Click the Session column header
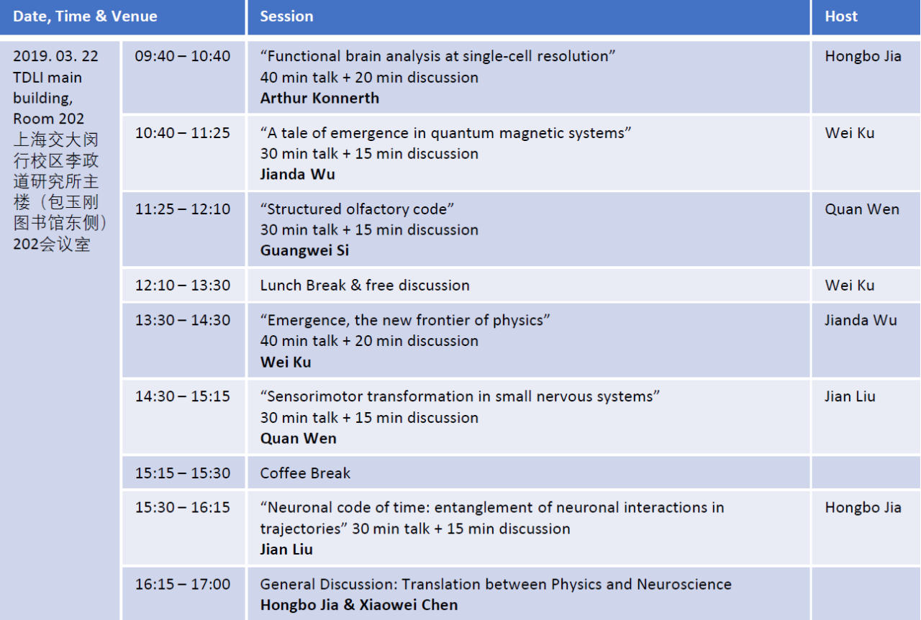286,17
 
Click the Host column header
841,17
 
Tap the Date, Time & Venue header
85,17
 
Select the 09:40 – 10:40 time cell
183,56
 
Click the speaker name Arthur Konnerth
319,99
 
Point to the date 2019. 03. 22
55,56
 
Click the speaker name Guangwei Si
304,250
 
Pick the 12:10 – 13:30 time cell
183,286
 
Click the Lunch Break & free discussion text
365,286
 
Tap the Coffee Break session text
305,473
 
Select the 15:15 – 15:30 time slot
183,473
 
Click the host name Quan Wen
862,209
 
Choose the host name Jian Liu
850,396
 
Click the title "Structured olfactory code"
357,209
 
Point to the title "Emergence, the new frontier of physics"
405,320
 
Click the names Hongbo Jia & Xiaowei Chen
359,605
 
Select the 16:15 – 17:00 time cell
183,584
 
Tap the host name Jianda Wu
861,320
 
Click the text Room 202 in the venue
48,119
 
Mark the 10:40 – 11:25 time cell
183,133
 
